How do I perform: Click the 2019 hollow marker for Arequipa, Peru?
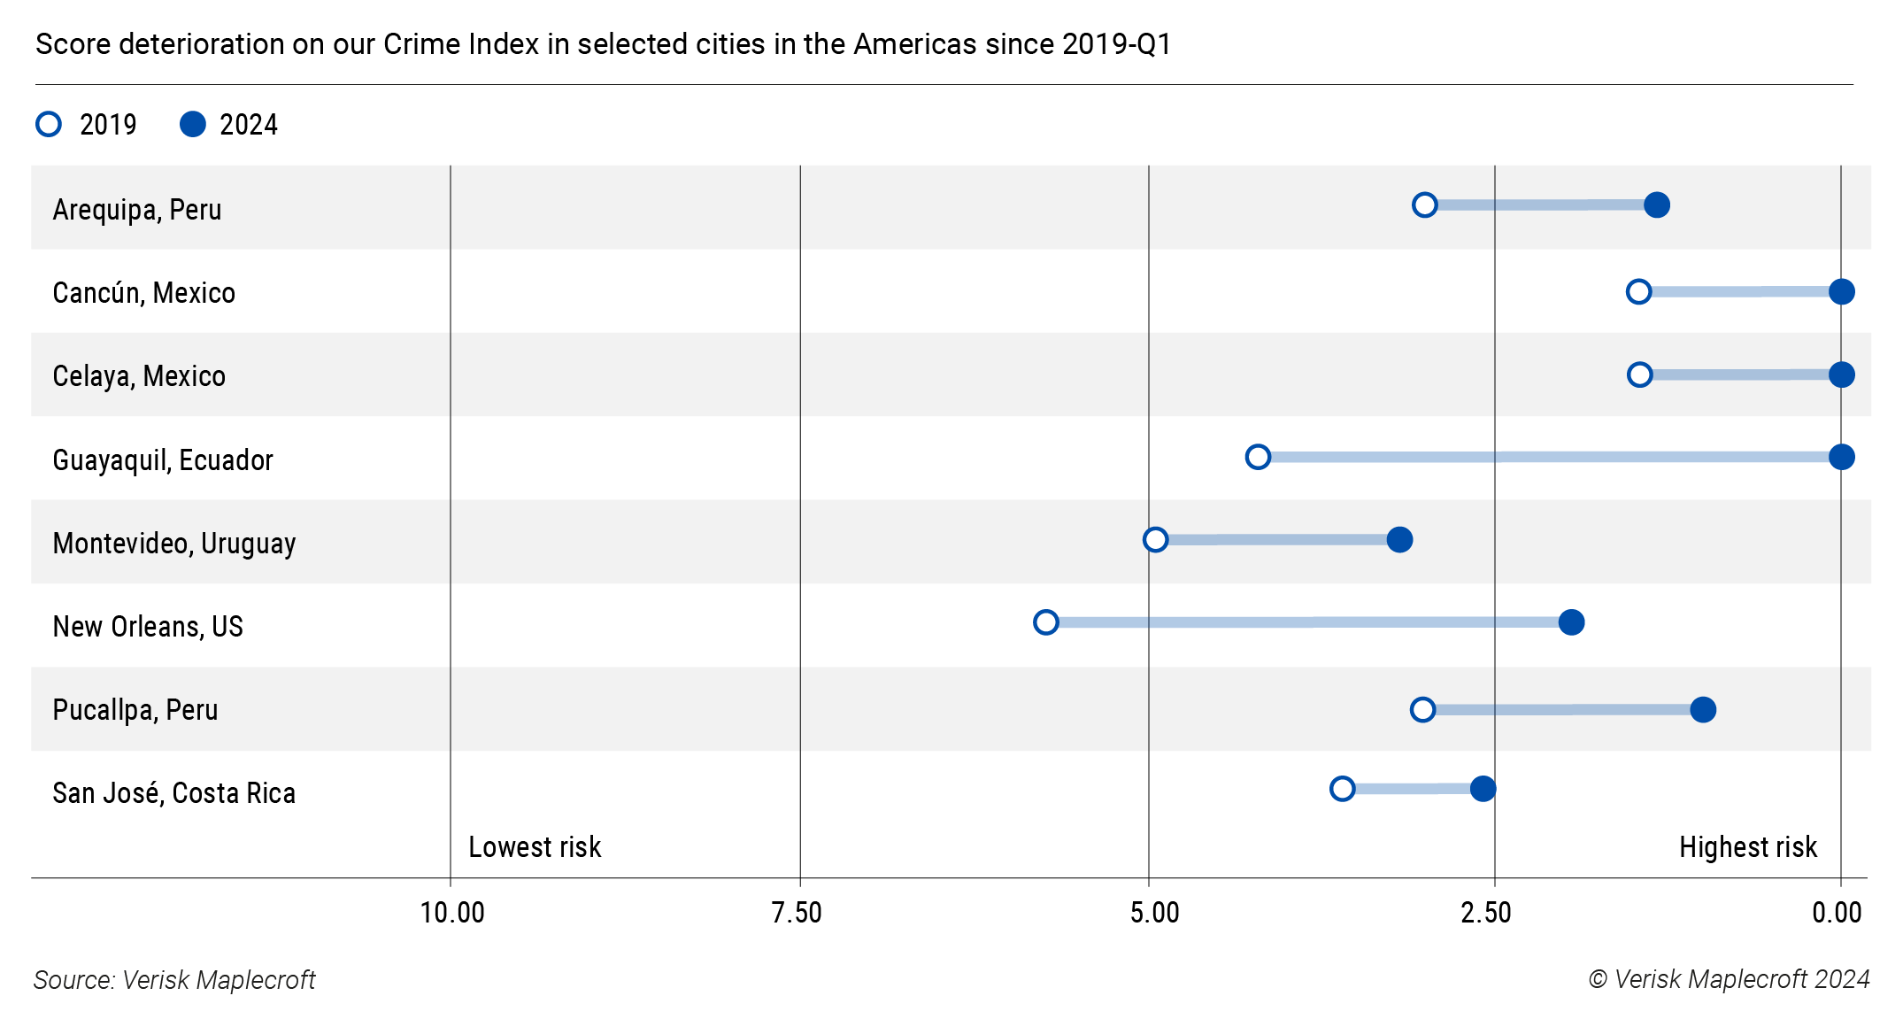point(1424,205)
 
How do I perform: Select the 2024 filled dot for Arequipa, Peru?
point(1657,205)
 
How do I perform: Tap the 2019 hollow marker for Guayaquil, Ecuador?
point(1258,457)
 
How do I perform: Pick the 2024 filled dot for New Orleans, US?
point(1571,622)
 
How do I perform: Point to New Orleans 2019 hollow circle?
point(1046,622)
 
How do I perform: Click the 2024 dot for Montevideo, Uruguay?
point(1399,539)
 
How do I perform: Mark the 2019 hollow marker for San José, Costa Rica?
point(1342,789)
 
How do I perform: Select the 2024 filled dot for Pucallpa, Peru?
point(1703,709)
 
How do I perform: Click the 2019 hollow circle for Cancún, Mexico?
point(1638,291)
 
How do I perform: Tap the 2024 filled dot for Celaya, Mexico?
point(1841,374)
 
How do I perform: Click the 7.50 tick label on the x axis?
point(796,913)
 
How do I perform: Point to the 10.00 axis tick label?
point(451,913)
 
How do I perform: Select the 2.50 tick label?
point(1485,913)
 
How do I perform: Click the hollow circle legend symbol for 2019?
point(49,124)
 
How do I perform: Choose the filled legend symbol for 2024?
point(192,124)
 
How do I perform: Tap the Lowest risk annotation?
point(535,847)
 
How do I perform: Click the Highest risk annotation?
point(1747,847)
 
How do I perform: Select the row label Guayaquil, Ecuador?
point(163,460)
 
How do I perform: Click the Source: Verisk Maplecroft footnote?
point(174,980)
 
